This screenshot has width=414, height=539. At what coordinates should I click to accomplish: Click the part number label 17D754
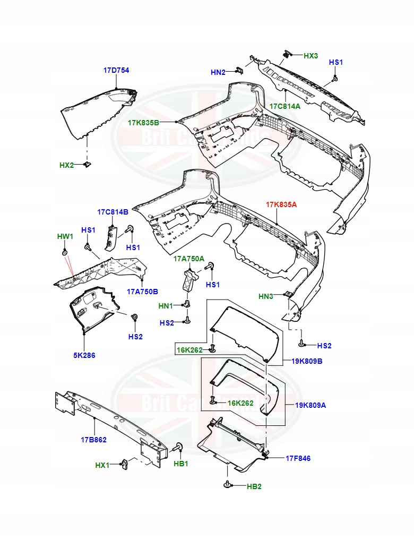tap(116, 70)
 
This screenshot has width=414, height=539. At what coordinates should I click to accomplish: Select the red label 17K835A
tap(281, 204)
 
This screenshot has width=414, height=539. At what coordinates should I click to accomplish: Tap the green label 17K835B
tap(143, 123)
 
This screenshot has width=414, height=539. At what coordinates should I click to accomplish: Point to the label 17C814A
tap(284, 106)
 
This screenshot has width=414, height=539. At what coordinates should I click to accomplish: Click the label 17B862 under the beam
tap(94, 440)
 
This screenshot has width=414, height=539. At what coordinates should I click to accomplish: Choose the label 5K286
tap(84, 355)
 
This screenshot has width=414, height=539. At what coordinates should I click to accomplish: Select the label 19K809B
tap(307, 361)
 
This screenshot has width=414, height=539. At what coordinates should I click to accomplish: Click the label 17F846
tap(298, 458)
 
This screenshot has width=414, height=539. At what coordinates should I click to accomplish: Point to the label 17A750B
tap(142, 291)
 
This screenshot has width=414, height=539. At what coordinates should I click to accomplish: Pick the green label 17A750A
tap(188, 259)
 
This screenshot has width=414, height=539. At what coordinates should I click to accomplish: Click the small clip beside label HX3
tap(288, 54)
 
